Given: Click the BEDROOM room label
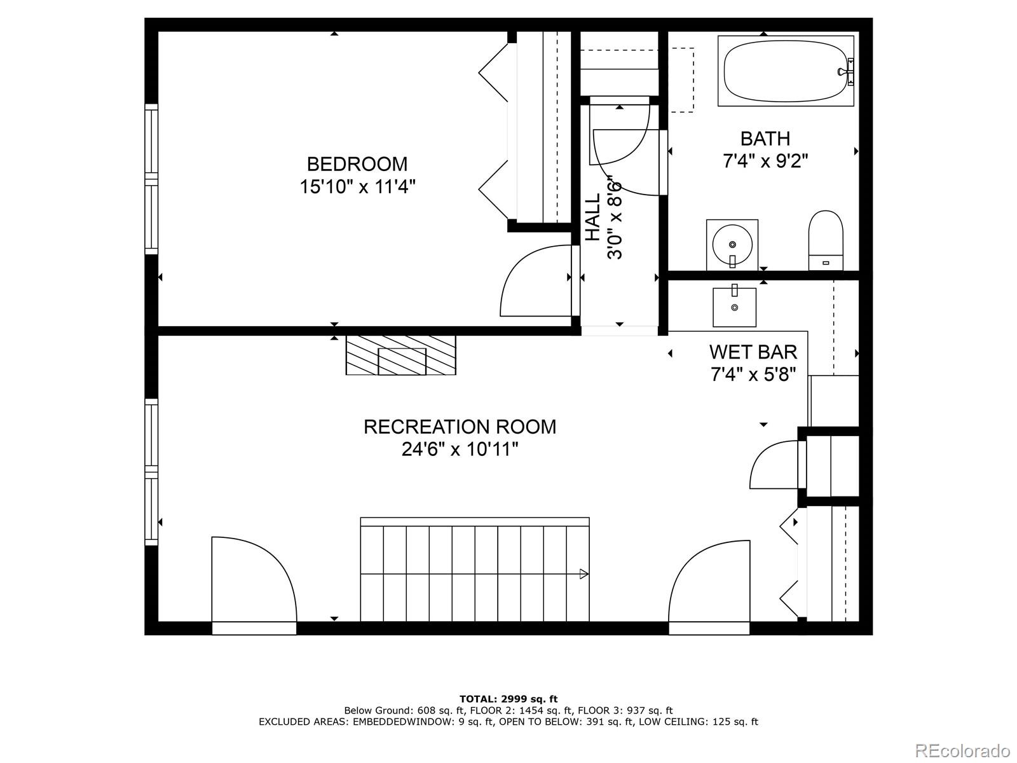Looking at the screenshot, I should click(x=357, y=164).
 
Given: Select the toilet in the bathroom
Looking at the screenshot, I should click(x=825, y=241).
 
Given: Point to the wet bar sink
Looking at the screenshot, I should click(x=734, y=306).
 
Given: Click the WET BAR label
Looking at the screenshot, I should click(x=753, y=352).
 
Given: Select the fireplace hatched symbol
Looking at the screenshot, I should click(x=401, y=355).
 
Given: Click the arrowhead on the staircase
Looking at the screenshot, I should click(x=584, y=574).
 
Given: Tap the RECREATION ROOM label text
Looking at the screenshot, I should click(x=460, y=427).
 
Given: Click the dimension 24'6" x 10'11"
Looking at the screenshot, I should click(x=460, y=450).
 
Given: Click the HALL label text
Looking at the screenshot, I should click(x=592, y=217).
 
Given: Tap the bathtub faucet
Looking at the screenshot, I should click(x=849, y=70).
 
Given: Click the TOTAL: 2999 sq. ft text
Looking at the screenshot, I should click(x=508, y=699).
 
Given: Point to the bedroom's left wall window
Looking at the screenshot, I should click(x=151, y=179).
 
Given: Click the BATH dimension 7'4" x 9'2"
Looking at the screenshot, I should click(x=765, y=161).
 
